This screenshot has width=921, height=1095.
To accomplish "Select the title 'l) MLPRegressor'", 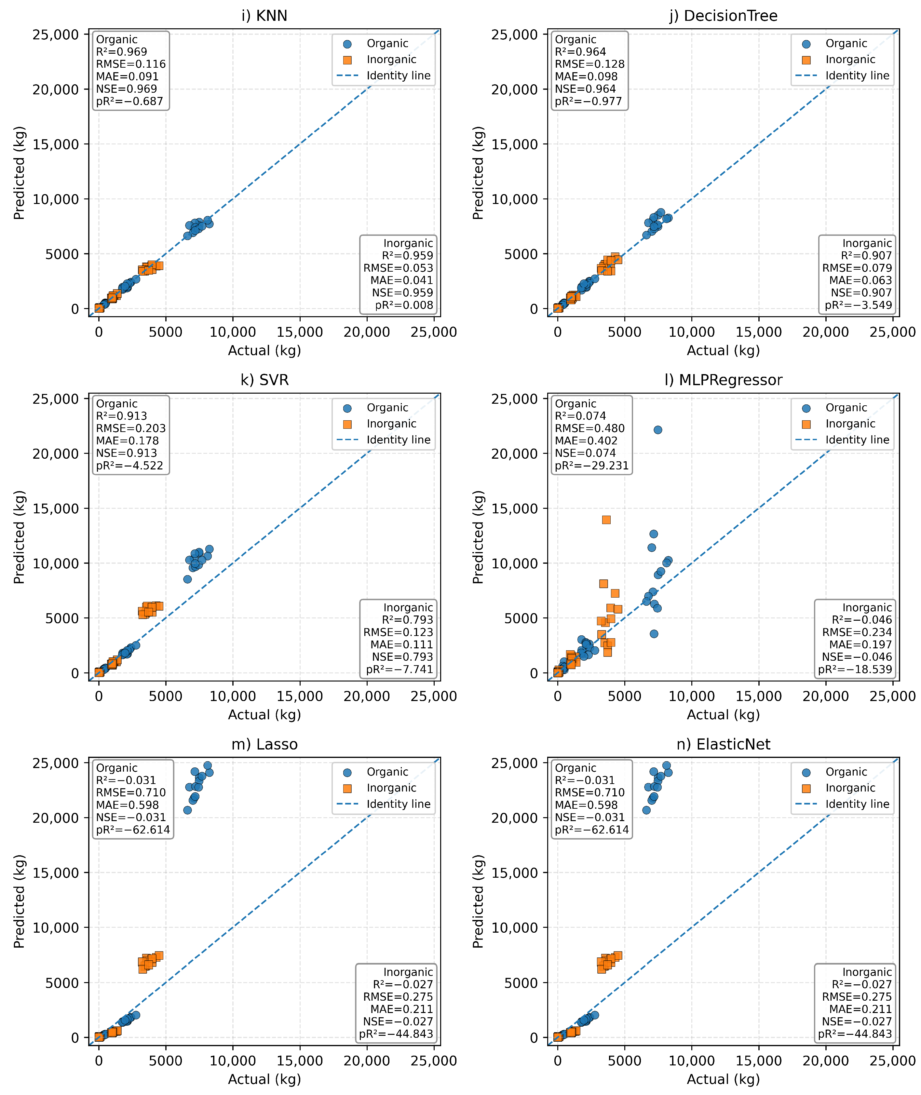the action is pyautogui.click(x=723, y=380).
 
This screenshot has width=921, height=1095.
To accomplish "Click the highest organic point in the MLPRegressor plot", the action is pyautogui.click(x=658, y=430).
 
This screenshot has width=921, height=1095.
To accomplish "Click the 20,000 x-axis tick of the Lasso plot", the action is pyautogui.click(x=367, y=1061).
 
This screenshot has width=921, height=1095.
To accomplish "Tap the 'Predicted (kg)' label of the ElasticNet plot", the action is pyautogui.click(x=478, y=901).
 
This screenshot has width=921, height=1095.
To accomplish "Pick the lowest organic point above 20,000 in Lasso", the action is pyautogui.click(x=187, y=810).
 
